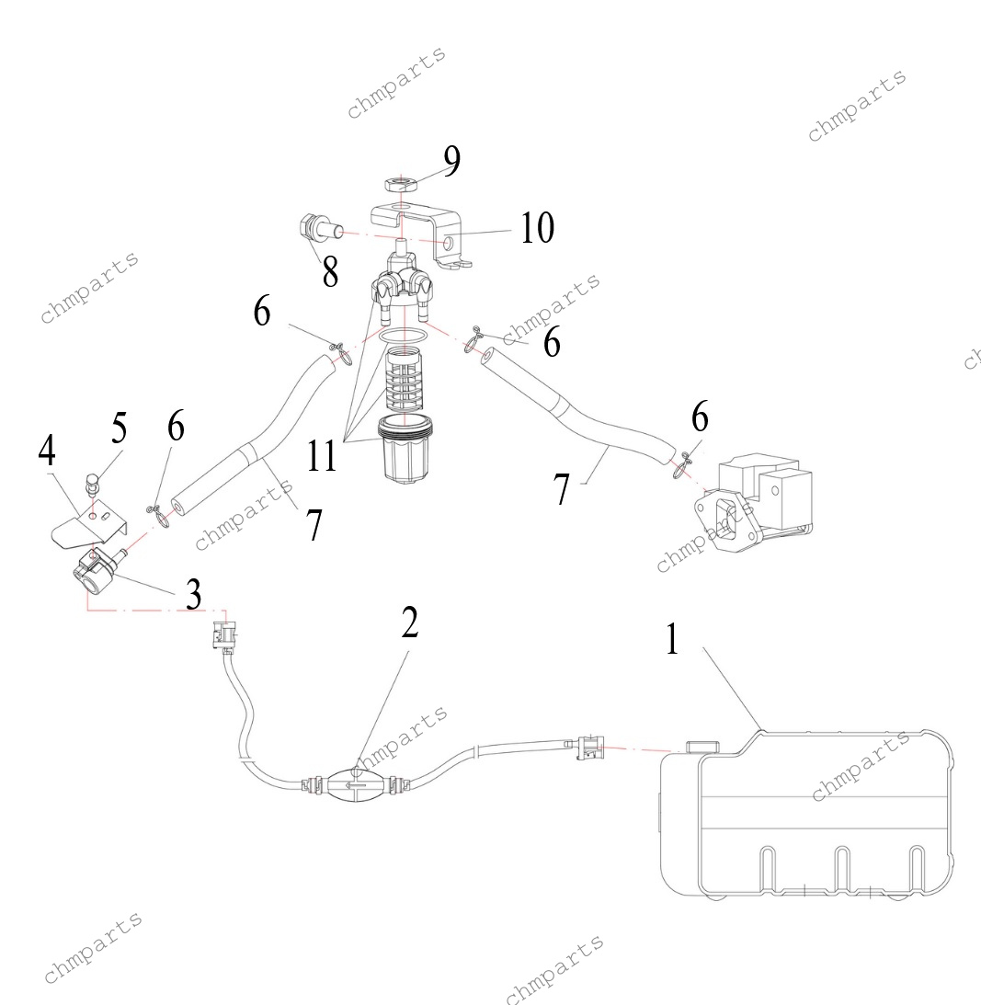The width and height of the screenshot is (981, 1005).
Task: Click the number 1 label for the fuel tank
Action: [672, 640]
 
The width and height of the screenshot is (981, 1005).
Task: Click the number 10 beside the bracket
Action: [537, 227]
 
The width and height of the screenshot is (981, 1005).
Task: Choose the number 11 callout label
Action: [323, 455]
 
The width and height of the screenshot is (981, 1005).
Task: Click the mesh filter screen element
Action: [405, 382]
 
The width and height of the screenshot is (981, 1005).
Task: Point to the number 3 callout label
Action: [192, 594]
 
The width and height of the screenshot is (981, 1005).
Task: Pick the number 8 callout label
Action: [329, 270]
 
